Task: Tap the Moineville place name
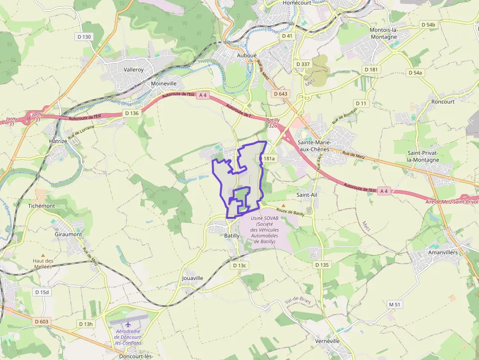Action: (x=164, y=84)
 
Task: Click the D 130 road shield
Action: (x=84, y=37)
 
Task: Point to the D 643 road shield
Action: (x=281, y=94)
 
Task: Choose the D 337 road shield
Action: (x=303, y=64)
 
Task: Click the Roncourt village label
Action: (x=443, y=102)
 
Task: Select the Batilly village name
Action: (x=232, y=235)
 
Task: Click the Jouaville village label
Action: (x=192, y=278)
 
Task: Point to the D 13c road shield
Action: (x=239, y=265)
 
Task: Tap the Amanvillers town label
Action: (x=443, y=253)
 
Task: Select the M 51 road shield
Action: (x=395, y=304)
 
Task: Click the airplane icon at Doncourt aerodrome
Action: (x=128, y=323)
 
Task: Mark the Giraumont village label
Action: (x=68, y=234)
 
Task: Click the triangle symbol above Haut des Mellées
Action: (x=43, y=255)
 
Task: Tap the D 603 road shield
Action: (x=42, y=321)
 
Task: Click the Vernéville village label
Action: (x=327, y=341)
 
